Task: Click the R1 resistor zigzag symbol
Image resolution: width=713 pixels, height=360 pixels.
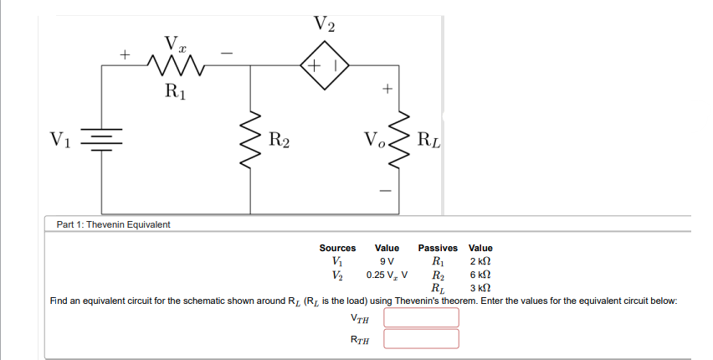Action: click(176, 65)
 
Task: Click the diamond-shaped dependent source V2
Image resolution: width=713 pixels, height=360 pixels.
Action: click(324, 65)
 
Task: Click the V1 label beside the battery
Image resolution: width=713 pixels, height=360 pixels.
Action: click(60, 139)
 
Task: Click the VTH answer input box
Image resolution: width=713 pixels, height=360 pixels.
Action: click(422, 317)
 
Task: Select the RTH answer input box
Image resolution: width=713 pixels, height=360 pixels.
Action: click(422, 338)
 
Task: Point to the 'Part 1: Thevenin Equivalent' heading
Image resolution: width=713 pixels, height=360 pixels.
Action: click(113, 224)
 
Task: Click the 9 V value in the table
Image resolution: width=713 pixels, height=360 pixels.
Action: click(387, 260)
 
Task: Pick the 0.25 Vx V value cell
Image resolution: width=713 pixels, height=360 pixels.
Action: click(387, 274)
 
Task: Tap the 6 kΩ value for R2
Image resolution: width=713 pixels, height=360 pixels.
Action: click(480, 274)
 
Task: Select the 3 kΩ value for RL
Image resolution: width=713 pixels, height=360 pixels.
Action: click(480, 287)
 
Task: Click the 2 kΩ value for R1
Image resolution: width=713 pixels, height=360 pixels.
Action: click(480, 260)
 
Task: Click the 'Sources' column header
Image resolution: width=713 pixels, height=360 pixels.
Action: click(337, 248)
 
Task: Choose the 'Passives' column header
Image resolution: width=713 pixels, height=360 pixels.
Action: click(438, 248)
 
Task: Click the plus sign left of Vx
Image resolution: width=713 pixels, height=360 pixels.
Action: click(124, 56)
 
